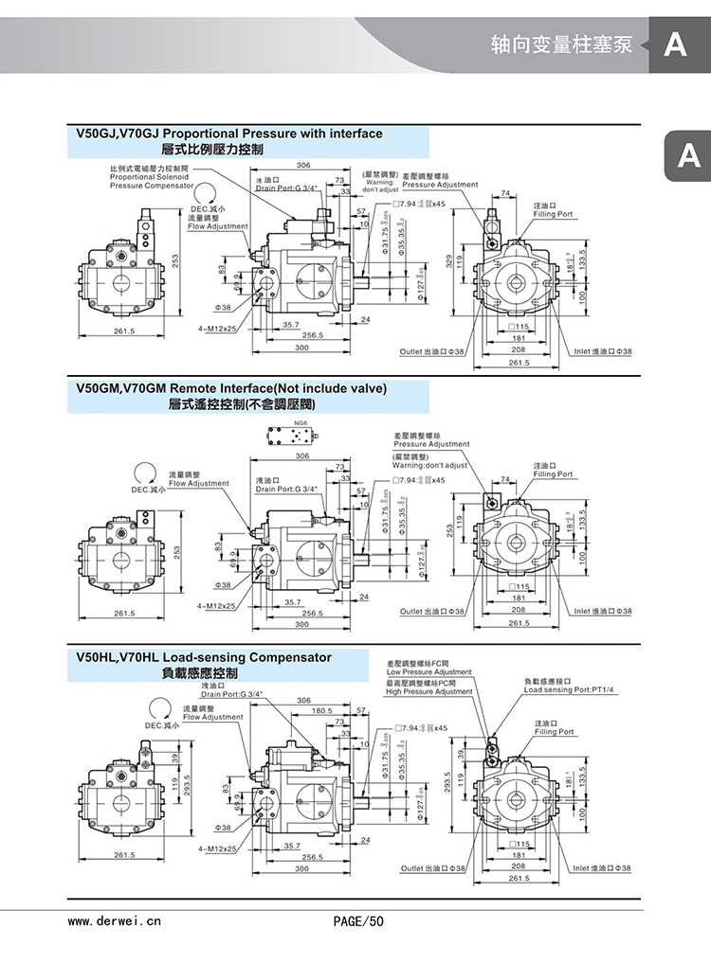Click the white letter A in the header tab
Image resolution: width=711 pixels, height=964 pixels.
tap(675, 45)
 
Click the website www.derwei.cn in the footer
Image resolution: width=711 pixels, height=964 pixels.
tap(115, 919)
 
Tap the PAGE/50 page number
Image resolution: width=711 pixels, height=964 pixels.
tap(358, 919)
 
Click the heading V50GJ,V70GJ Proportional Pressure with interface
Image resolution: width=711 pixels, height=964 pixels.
tap(228, 134)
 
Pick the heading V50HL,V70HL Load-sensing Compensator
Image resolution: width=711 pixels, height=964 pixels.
tap(203, 657)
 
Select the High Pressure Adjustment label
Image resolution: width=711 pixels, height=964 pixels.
tap(428, 691)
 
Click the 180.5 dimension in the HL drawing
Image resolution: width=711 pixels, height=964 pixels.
tap(322, 710)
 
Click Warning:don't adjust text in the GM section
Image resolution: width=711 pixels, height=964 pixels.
tap(429, 465)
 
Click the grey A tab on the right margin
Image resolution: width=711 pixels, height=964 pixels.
tap(689, 157)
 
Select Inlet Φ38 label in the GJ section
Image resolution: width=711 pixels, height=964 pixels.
tap(602, 351)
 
